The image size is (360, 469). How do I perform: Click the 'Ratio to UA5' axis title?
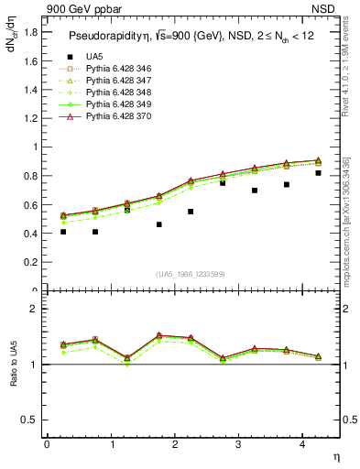click(13, 377)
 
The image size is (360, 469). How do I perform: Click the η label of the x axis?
click(334, 455)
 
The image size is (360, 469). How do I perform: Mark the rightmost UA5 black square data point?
click(318, 173)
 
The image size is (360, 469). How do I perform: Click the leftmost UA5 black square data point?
click(63, 232)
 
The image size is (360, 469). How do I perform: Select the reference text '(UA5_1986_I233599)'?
click(191, 274)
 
